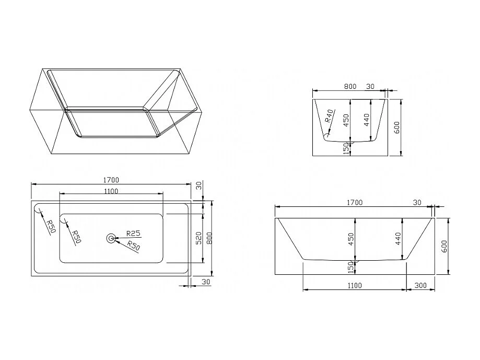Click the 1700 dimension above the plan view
click(x=110, y=179)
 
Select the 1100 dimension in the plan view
click(x=110, y=191)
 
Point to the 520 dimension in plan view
click(x=198, y=238)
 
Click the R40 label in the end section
click(x=330, y=116)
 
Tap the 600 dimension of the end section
click(x=397, y=128)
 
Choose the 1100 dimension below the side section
click(x=354, y=285)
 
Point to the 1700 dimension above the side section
click(x=354, y=202)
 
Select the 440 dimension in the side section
click(x=398, y=238)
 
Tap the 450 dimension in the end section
click(x=345, y=120)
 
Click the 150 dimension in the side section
click(x=350, y=266)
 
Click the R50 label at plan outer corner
click(x=50, y=226)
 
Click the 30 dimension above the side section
click(x=417, y=202)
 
